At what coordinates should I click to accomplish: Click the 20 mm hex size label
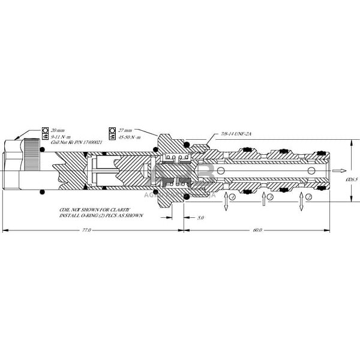(58, 130)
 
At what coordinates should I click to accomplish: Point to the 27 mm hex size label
(125, 130)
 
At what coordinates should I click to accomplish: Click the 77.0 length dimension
(86, 230)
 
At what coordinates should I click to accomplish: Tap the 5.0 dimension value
(201, 217)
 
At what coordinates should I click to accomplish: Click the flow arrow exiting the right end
(340, 170)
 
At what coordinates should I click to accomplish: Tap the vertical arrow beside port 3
(263, 202)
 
